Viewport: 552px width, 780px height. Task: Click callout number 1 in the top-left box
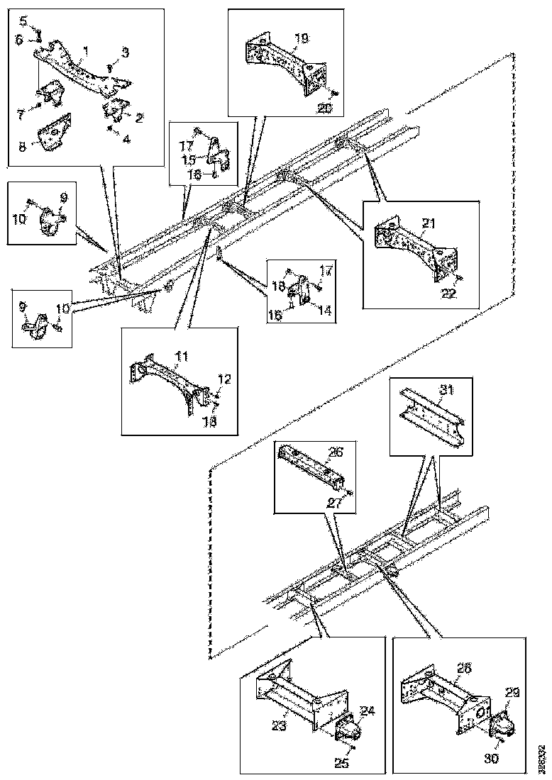click(85, 51)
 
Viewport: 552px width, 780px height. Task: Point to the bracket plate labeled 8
click(54, 133)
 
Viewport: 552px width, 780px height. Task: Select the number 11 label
click(182, 356)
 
